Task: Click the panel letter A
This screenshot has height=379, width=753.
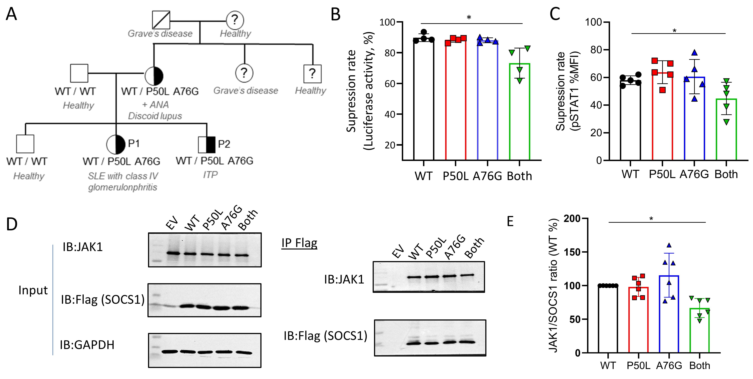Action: click(11, 14)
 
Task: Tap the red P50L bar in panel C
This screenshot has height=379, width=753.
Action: click(662, 117)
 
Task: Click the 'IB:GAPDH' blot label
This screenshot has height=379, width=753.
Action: click(87, 345)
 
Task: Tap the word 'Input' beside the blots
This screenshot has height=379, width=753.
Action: click(33, 290)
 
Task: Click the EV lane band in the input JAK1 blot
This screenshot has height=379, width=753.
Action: click(173, 253)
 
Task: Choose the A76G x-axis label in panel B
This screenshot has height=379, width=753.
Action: click(487, 176)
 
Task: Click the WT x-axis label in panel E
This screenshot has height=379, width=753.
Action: click(608, 366)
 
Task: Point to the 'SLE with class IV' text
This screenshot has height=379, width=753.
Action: click(123, 176)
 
